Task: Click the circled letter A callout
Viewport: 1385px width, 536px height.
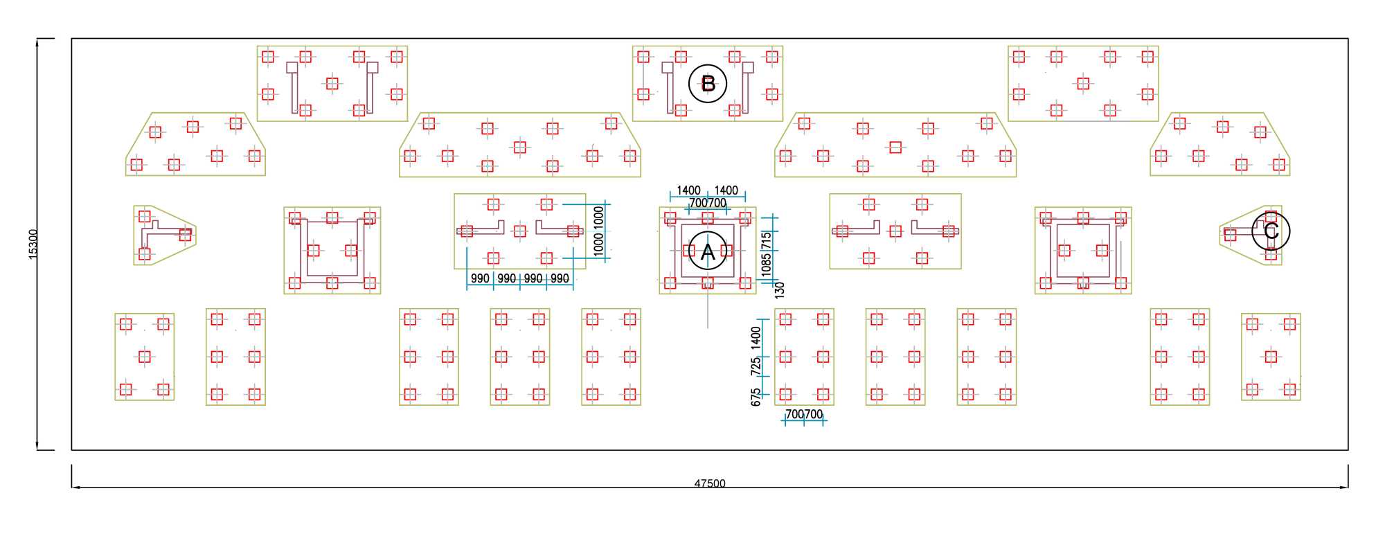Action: pyautogui.click(x=707, y=251)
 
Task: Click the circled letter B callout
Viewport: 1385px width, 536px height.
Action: pyautogui.click(x=707, y=84)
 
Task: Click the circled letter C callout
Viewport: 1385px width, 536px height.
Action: pyautogui.click(x=1271, y=231)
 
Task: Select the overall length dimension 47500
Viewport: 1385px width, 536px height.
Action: pyautogui.click(x=710, y=483)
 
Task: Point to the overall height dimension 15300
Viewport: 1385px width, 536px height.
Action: pyautogui.click(x=33, y=244)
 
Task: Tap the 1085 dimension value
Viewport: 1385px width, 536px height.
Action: pyautogui.click(x=766, y=265)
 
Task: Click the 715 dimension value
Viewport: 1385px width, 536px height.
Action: pyautogui.click(x=766, y=240)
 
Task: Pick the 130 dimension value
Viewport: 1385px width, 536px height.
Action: pyautogui.click(x=780, y=289)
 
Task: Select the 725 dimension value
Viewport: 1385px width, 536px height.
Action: pyautogui.click(x=756, y=366)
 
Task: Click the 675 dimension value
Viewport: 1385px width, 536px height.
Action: pyautogui.click(x=756, y=397)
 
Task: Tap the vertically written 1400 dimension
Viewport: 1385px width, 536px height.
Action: pyautogui.click(x=756, y=337)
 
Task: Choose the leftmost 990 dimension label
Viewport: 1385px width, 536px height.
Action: pyautogui.click(x=480, y=278)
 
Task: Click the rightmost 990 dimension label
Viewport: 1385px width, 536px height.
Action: pyautogui.click(x=560, y=278)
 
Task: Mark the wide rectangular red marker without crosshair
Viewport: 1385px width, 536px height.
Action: pyautogui.click(x=895, y=147)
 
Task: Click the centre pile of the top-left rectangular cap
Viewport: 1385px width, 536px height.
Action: pyautogui.click(x=332, y=83)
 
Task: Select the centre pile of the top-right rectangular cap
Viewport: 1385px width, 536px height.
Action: pyautogui.click(x=1083, y=83)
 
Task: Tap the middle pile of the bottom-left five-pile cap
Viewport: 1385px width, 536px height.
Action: pyautogui.click(x=144, y=357)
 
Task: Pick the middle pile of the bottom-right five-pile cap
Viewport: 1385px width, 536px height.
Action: pyautogui.click(x=1271, y=357)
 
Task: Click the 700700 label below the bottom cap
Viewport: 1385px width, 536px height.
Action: pyautogui.click(x=804, y=414)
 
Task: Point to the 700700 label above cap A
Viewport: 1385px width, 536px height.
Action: pyautogui.click(x=708, y=203)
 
